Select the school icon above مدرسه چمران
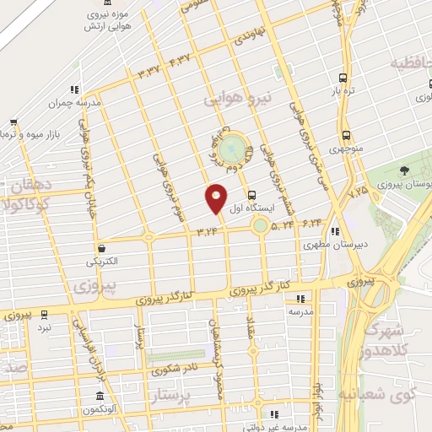pos(75,89)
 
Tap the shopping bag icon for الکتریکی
pos(102,248)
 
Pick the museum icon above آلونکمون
pos(100,397)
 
